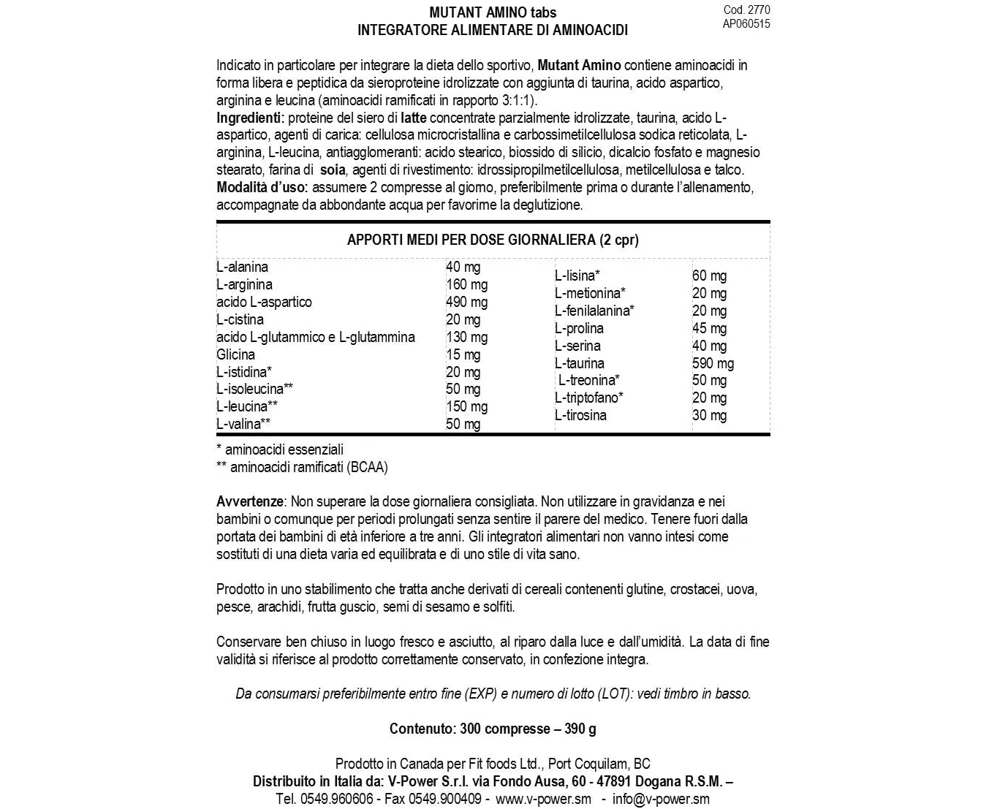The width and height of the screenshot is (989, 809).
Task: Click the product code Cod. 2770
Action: point(746,10)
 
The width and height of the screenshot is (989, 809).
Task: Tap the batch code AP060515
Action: point(746,23)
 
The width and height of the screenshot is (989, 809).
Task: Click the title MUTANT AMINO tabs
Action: point(493,12)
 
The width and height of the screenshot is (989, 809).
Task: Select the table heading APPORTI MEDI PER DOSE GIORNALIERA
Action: point(493,240)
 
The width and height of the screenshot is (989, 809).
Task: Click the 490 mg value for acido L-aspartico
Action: point(466,302)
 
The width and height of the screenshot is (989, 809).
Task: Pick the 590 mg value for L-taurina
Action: point(713,363)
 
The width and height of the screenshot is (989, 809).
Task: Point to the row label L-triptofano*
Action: point(588,398)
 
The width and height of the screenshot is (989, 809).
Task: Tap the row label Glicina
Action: point(235,354)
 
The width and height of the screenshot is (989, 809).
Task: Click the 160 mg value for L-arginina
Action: point(466,284)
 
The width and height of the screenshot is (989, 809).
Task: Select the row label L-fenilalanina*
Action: point(594,311)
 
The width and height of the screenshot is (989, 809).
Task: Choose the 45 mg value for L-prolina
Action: point(709,328)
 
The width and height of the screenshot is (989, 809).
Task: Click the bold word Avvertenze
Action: point(249,502)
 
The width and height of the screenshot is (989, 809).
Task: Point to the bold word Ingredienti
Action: point(249,118)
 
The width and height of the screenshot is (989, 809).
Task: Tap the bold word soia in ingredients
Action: point(333,170)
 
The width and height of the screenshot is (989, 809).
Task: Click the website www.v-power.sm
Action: point(543,799)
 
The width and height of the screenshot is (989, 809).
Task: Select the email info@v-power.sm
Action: point(661,799)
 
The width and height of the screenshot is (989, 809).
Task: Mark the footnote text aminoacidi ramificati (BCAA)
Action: point(308,467)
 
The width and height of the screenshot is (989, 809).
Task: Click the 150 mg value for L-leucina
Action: point(466,406)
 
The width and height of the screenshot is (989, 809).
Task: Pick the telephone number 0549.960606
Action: point(336,799)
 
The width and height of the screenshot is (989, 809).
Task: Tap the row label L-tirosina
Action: point(580,415)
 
